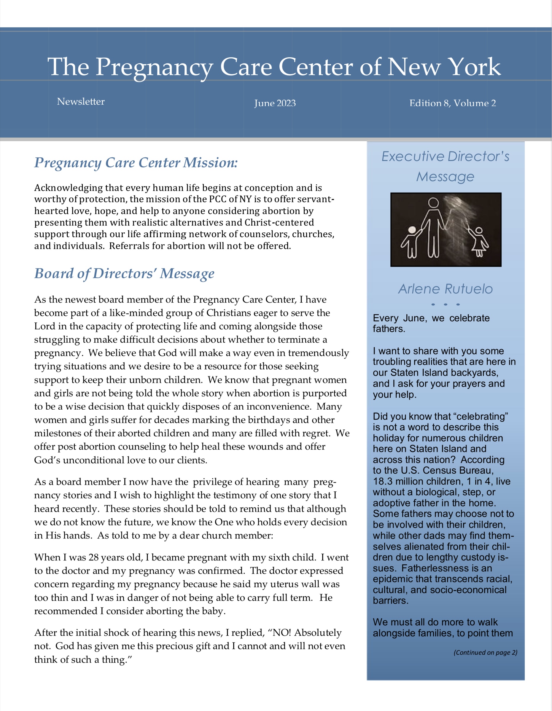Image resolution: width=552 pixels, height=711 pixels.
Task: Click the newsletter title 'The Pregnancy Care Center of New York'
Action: click(x=274, y=67)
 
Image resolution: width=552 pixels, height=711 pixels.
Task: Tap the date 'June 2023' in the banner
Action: click(x=275, y=103)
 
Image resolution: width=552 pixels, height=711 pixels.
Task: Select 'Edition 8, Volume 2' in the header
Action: click(x=453, y=103)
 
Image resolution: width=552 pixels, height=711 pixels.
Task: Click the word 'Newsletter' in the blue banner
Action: click(x=81, y=102)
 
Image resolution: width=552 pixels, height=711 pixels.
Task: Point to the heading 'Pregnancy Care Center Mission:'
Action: click(x=136, y=162)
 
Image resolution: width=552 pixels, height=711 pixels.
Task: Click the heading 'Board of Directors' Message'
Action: click(x=124, y=273)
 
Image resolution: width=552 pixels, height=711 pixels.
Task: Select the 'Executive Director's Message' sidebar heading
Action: click(x=446, y=166)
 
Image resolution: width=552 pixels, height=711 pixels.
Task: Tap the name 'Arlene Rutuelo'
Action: click(x=446, y=289)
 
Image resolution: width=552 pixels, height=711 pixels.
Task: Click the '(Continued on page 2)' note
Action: click(x=485, y=652)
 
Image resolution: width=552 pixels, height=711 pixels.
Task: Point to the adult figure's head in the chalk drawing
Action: click(x=433, y=202)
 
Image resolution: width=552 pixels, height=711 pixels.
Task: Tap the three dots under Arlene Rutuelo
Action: click(x=446, y=304)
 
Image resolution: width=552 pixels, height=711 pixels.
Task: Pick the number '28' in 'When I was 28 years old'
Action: click(x=93, y=557)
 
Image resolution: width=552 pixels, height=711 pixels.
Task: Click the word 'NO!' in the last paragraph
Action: click(x=281, y=632)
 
